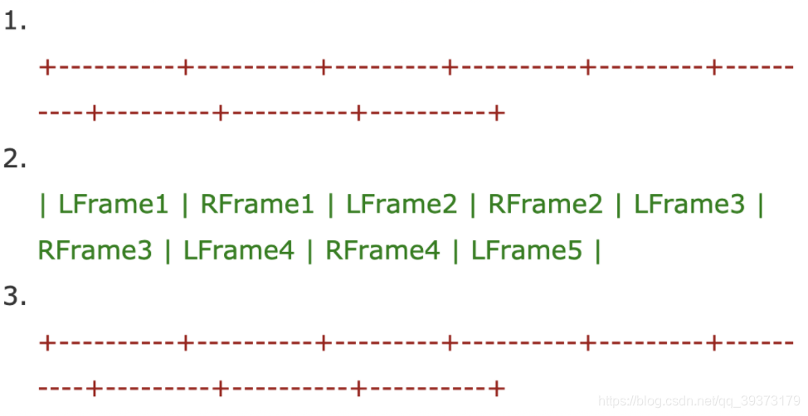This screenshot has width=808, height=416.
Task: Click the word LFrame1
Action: point(113,205)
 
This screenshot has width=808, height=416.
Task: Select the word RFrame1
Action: point(257,205)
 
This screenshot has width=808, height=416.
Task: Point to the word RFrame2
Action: point(545,205)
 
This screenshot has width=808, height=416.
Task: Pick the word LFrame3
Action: point(689,205)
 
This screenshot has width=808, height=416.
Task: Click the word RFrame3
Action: point(95,250)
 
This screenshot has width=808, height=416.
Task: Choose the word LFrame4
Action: point(239,250)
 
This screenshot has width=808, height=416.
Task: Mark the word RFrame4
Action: point(382,250)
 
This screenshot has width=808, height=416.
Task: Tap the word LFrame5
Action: point(527,250)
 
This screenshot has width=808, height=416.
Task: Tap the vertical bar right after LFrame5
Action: point(597,250)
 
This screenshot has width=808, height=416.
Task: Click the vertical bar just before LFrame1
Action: point(43,205)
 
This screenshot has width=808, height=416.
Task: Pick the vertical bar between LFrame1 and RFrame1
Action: point(185,205)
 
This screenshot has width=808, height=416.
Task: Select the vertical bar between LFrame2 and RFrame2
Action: point(473,205)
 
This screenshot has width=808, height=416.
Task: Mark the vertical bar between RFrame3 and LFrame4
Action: point(167,250)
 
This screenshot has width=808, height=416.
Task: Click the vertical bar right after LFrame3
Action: point(761,205)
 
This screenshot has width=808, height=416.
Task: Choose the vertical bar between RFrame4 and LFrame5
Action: point(455,250)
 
